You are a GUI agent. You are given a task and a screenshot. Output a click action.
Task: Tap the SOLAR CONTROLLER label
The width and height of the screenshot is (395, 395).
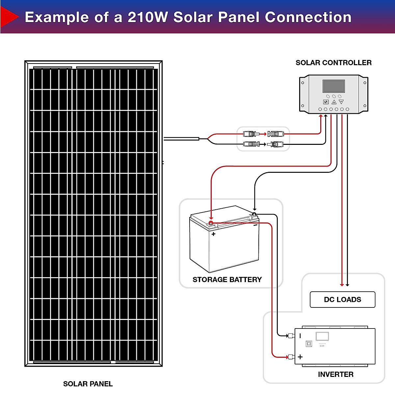click(333, 63)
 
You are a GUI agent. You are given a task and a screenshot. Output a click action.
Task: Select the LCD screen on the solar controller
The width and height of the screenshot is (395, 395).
click(333, 86)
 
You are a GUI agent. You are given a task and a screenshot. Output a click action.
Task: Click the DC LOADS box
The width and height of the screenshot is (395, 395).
click(342, 300)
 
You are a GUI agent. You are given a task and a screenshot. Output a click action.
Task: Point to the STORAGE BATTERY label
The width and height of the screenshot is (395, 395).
click(227, 279)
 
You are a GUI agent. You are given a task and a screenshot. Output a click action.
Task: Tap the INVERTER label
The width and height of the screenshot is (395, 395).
click(335, 374)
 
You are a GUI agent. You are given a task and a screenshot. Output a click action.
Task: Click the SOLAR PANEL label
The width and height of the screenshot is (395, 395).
click(88, 384)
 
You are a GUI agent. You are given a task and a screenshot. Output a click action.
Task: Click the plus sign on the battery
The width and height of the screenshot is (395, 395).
click(213, 234)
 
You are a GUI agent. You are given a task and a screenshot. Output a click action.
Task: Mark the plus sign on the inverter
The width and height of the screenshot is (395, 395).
click(300, 357)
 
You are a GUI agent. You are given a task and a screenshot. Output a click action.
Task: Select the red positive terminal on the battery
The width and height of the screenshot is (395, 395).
click(211, 223)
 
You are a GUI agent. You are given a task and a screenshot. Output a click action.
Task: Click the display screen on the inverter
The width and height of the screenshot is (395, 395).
click(322, 336)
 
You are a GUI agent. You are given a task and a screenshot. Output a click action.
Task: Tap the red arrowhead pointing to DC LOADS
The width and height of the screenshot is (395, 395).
click(342, 285)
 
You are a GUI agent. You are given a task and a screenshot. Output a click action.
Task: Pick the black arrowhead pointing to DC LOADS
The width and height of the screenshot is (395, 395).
click(347, 285)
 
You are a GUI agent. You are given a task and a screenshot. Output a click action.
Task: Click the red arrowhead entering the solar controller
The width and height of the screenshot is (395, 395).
click(321, 116)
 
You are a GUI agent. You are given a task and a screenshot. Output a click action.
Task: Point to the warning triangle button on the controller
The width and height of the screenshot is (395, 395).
click(334, 102)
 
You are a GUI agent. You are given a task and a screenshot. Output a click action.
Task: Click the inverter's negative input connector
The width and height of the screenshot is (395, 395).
click(291, 336)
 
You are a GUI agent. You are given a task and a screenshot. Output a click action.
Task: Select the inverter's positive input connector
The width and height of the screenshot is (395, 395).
click(291, 357)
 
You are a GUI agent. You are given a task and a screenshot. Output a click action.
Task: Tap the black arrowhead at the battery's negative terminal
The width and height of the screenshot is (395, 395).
click(254, 209)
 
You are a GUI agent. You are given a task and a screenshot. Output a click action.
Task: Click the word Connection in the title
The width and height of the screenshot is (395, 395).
click(308, 17)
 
